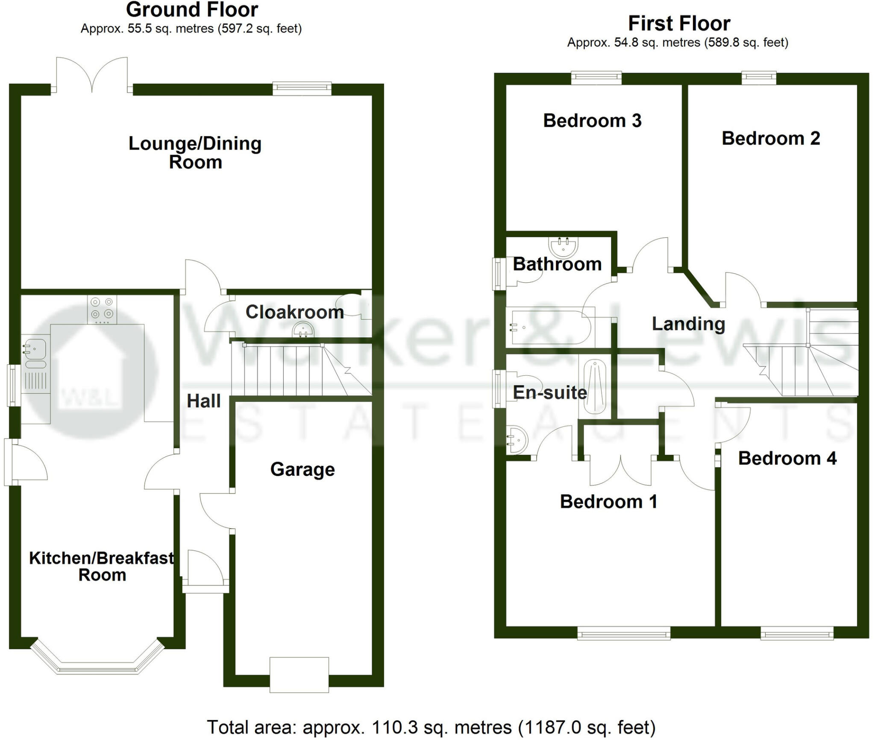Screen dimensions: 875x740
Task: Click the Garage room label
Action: [302, 469]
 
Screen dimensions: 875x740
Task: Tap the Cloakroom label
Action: [295, 312]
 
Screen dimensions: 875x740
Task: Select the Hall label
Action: [204, 401]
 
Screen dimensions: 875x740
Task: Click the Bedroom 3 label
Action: [592, 120]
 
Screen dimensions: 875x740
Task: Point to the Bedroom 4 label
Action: [787, 458]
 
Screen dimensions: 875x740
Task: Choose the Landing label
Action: [688, 324]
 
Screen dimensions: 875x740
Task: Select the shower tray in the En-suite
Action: [594, 387]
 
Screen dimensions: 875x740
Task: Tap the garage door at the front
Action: [299, 675]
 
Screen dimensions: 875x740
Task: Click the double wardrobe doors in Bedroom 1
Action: [621, 471]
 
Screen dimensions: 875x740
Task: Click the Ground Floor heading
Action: [192, 10]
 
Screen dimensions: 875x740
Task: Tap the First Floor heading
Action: [679, 23]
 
